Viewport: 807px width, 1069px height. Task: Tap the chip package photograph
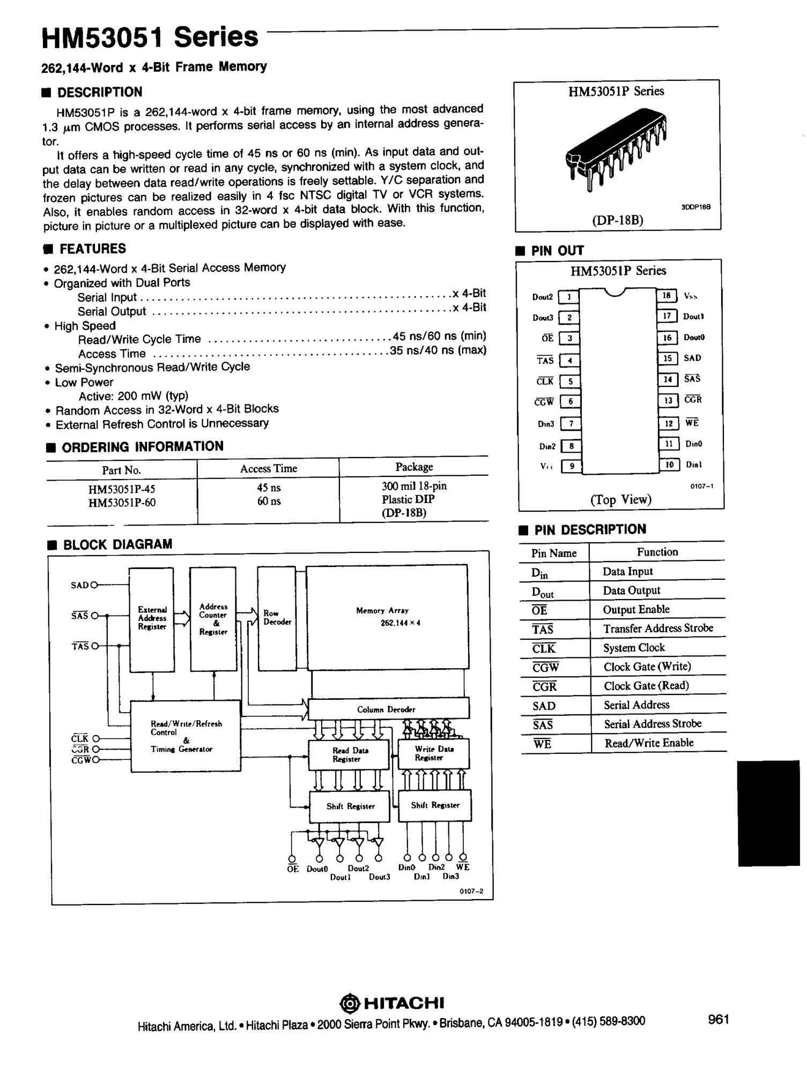coord(616,150)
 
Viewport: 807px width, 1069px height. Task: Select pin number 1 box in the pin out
coord(568,296)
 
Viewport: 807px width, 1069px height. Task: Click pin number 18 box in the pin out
coord(667,295)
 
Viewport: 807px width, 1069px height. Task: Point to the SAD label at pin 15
coord(692,358)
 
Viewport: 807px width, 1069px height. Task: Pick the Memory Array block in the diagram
coord(387,616)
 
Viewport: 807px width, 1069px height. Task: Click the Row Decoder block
coord(277,618)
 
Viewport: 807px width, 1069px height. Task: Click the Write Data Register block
coord(433,753)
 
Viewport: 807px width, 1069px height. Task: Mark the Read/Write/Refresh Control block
coord(186,736)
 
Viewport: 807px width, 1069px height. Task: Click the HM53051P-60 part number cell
coord(122,503)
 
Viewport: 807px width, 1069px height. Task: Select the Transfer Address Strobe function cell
coord(658,628)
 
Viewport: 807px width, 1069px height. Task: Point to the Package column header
coord(414,467)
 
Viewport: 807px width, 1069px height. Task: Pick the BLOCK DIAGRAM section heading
coord(117,544)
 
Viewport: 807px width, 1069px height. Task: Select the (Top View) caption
coord(620,499)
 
